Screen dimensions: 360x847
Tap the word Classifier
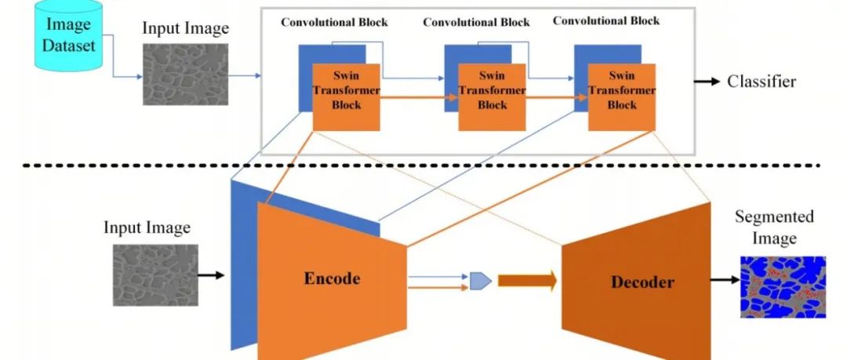762,82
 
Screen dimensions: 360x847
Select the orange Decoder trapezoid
636,281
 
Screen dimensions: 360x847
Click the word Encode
333,278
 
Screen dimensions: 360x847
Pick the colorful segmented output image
783,285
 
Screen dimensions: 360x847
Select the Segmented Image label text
775,227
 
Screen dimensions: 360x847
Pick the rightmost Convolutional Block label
606,20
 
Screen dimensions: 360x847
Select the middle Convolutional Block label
472,21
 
